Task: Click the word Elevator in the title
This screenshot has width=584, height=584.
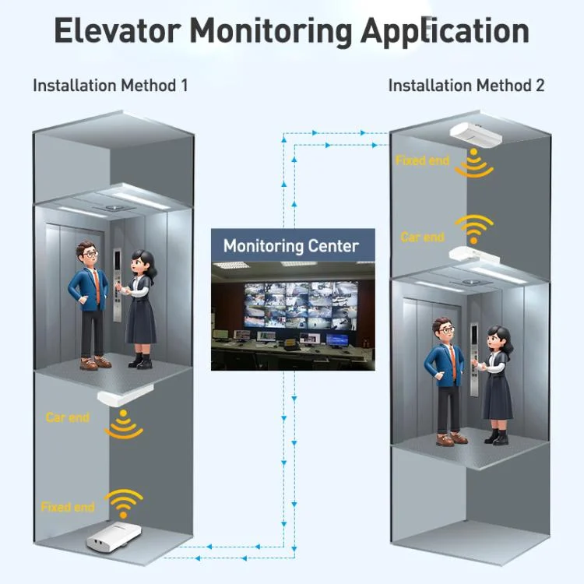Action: point(117,31)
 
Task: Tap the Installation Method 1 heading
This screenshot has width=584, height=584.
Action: point(110,85)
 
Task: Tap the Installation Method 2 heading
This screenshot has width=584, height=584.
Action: point(466,85)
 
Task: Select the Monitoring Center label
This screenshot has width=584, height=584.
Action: point(291,246)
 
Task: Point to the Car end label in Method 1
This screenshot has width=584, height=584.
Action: point(68,417)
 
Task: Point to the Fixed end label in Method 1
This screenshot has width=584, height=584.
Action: point(68,507)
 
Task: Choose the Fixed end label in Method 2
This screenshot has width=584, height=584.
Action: point(423,160)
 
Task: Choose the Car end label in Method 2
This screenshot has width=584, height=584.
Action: point(423,237)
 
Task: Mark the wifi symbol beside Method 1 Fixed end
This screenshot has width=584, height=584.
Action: point(125,504)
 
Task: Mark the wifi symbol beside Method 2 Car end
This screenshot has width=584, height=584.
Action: point(474,230)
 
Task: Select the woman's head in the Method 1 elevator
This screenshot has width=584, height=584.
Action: point(141,262)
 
